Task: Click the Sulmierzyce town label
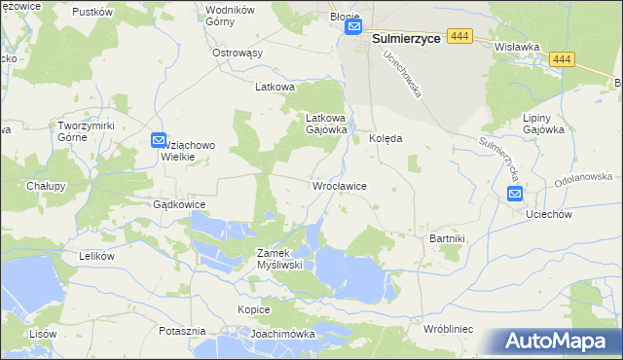(409, 37)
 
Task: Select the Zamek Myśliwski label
(280, 258)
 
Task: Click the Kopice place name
(253, 308)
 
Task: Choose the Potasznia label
(182, 331)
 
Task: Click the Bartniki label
(449, 238)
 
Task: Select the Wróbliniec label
(448, 330)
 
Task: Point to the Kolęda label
(385, 138)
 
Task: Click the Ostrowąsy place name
(238, 53)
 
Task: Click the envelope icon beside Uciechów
(515, 195)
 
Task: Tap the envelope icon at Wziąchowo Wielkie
(159, 142)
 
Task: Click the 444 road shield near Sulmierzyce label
(461, 36)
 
